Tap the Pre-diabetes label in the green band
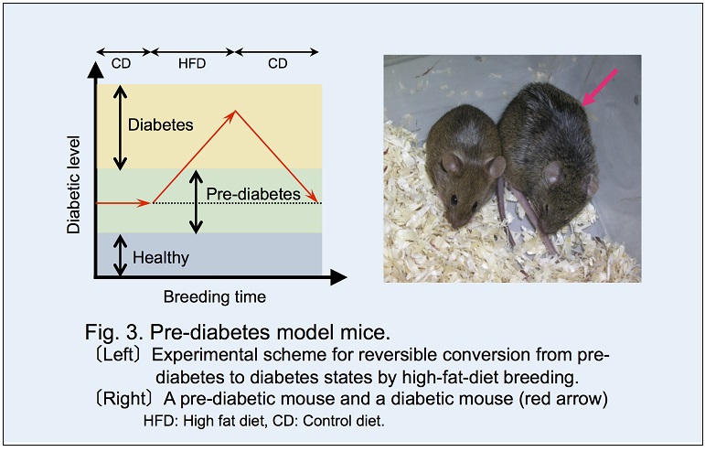tap(252, 194)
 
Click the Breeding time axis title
tap(215, 296)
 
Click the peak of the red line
tap(236, 112)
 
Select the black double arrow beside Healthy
tap(119, 255)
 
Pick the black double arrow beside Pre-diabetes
tap(195, 202)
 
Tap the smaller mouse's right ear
tap(496, 167)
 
